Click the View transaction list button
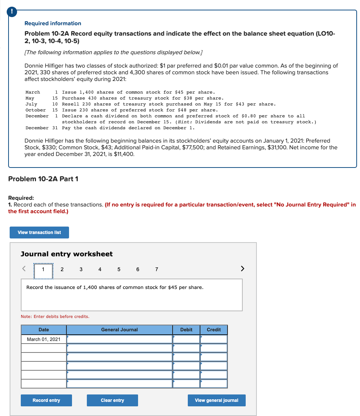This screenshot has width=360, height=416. [x=39, y=233]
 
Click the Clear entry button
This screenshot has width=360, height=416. [x=112, y=400]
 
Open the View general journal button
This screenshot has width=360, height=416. [x=216, y=400]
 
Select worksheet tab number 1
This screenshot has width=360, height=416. [x=43, y=270]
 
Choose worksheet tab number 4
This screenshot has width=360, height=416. [x=100, y=270]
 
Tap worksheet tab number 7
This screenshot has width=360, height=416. [x=157, y=270]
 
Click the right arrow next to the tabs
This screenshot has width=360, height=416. [x=242, y=269]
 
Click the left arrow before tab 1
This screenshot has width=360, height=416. [x=24, y=269]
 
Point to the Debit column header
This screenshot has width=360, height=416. [x=186, y=330]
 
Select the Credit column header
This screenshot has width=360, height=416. [x=214, y=330]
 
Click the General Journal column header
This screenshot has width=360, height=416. [x=120, y=330]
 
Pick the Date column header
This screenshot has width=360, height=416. [x=44, y=330]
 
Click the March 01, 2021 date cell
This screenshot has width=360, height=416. [x=44, y=339]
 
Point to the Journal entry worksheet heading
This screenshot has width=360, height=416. [x=67, y=254]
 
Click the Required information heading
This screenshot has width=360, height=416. [x=53, y=23]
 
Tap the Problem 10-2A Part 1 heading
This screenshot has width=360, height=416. [x=43, y=179]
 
